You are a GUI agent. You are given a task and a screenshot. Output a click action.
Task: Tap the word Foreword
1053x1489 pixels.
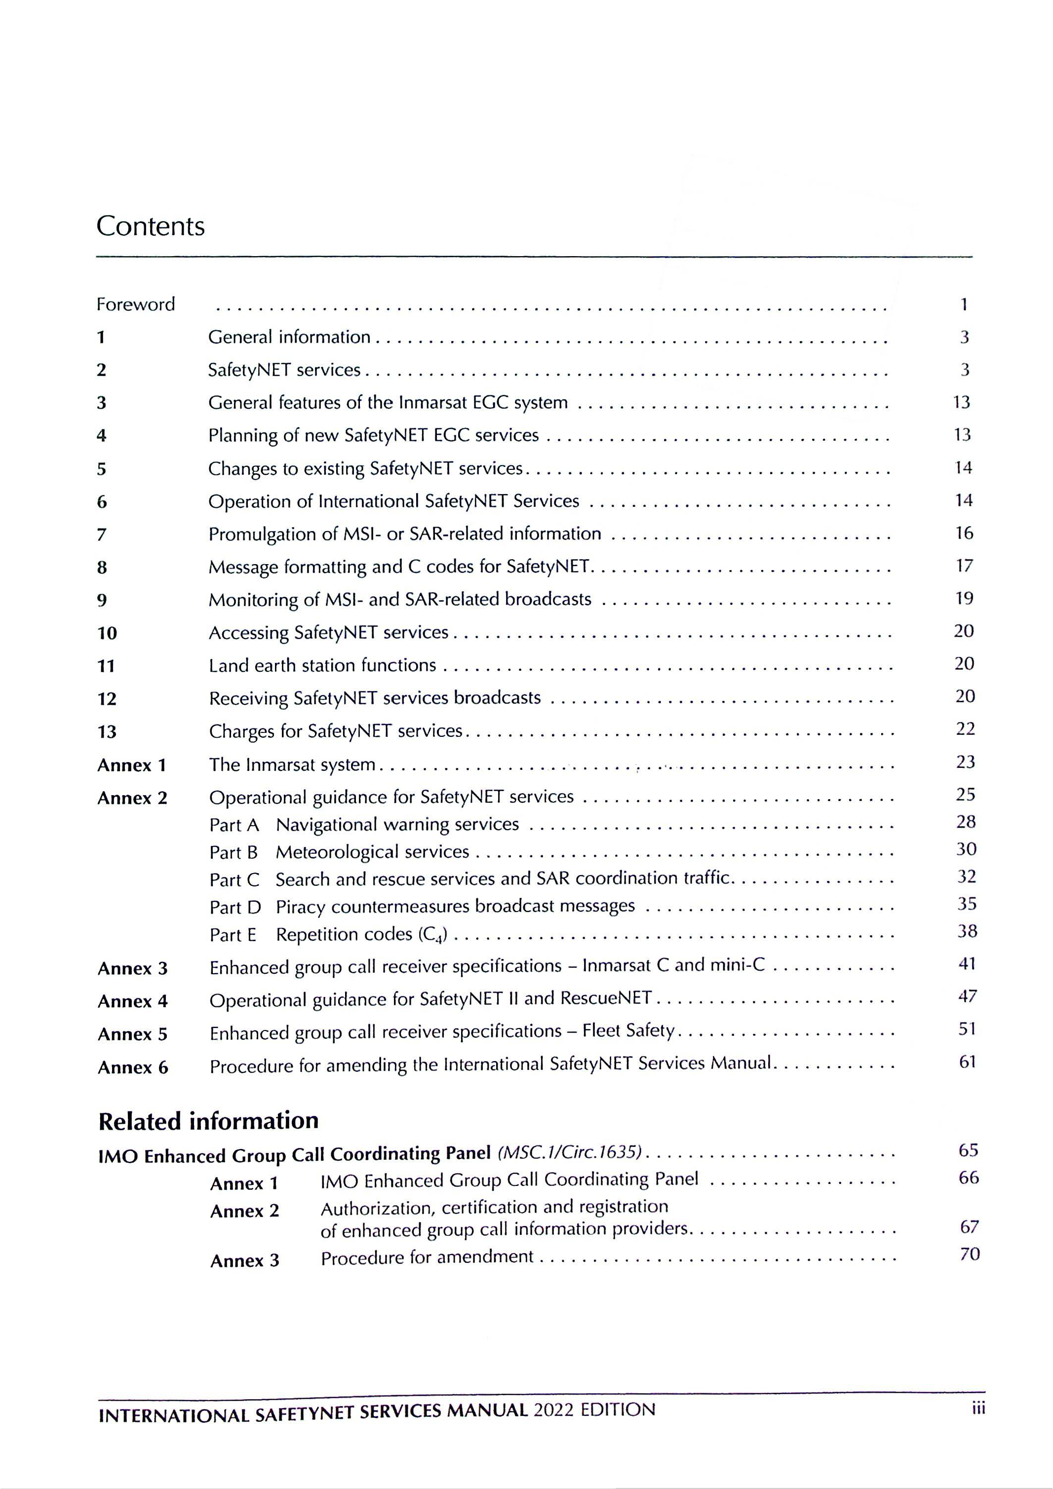(136, 304)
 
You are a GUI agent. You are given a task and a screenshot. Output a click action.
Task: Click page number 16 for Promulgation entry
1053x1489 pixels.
(964, 533)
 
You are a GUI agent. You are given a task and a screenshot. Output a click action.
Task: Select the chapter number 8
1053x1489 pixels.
(102, 568)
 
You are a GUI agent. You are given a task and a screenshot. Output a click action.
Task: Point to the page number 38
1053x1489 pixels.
(967, 931)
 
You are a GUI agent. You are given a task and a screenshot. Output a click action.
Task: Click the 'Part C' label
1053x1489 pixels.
(234, 880)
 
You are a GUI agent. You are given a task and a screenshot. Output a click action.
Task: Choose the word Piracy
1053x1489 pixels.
(300, 907)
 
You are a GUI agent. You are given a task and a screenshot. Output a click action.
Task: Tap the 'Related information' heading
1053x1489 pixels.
(208, 1121)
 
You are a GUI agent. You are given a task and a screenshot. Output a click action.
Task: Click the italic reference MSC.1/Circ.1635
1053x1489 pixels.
(569, 1152)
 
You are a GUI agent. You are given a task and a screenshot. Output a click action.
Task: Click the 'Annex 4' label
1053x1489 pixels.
(132, 1001)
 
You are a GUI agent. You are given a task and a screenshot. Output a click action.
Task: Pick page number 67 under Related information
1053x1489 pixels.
(969, 1226)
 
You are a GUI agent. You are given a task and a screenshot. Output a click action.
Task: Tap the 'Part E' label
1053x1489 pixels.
(233, 935)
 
